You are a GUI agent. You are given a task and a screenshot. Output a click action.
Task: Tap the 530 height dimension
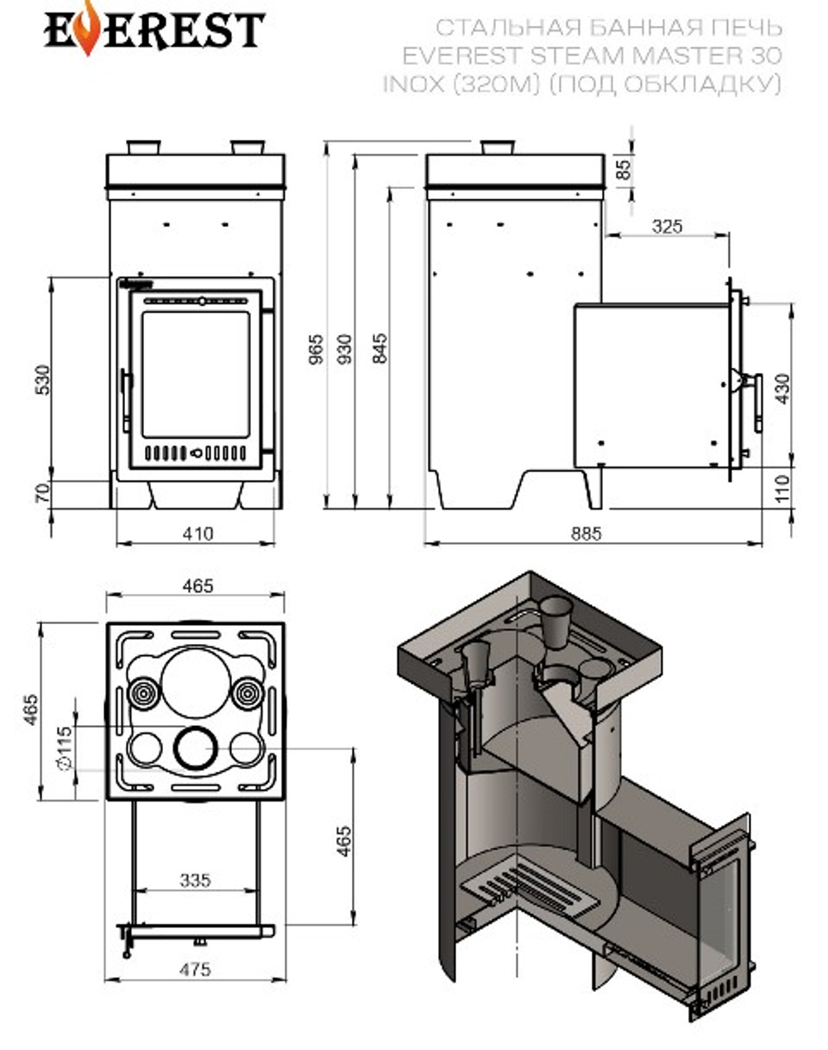43,380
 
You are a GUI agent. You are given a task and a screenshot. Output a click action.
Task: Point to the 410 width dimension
197,534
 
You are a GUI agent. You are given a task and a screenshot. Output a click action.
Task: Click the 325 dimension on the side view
667,225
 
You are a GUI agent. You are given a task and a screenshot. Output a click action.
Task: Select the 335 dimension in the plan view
195,880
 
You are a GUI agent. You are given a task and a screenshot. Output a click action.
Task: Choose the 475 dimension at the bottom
195,968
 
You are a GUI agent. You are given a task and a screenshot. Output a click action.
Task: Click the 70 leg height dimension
43,494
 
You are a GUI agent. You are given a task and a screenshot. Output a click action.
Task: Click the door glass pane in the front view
195,375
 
